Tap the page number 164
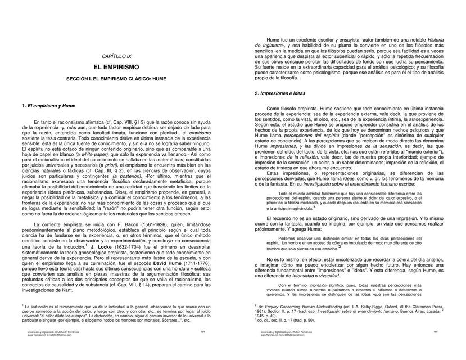click(x=202, y=332)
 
